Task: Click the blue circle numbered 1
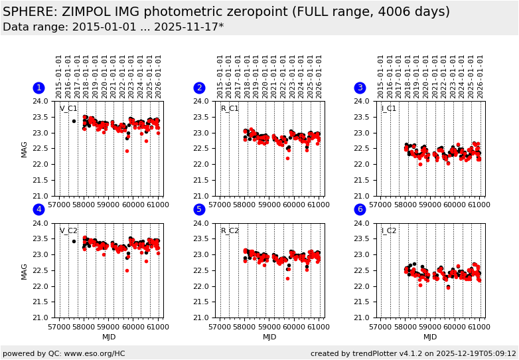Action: (x=38, y=88)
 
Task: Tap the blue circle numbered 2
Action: (x=199, y=88)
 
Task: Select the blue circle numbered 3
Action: (x=360, y=88)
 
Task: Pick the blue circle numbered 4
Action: (x=38, y=210)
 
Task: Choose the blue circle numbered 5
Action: (x=199, y=210)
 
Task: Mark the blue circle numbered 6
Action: (x=360, y=210)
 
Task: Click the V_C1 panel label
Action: (x=68, y=109)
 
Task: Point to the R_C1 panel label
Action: (x=230, y=109)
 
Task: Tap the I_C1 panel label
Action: (x=389, y=109)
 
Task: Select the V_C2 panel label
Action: (x=68, y=231)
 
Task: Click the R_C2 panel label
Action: (x=230, y=231)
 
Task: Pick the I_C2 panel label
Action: (x=389, y=231)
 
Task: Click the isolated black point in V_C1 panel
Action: (x=74, y=121)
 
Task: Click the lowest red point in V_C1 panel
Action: (x=127, y=151)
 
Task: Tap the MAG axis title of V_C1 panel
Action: (x=25, y=148)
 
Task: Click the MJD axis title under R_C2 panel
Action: (x=269, y=337)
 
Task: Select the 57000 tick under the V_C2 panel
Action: (x=59, y=325)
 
